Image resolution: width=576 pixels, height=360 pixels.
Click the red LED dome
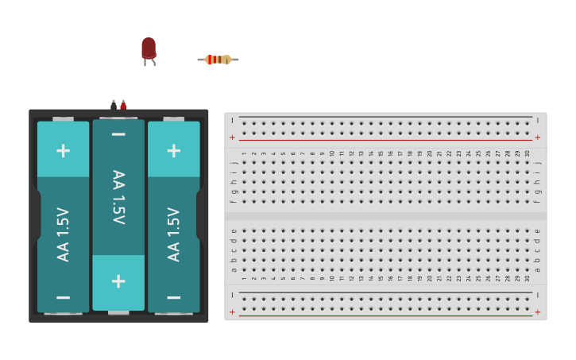(149, 48)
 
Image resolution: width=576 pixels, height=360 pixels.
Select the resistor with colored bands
(218, 60)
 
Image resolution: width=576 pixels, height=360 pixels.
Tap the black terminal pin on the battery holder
(114, 104)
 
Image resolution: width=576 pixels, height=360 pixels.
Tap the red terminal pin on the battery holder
(123, 104)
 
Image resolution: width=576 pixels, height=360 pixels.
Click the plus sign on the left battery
(63, 150)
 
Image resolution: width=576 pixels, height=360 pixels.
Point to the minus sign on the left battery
(63, 297)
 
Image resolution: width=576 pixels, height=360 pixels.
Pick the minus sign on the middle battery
(118, 134)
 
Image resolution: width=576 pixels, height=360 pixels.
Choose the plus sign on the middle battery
(118, 281)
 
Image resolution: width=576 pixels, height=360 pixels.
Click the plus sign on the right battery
(173, 150)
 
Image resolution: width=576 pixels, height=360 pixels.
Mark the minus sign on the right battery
(173, 297)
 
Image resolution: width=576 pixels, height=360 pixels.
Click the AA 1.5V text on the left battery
(63, 234)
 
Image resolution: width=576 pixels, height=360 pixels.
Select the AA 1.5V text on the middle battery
(118, 197)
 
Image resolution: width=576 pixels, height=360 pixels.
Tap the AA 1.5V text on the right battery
(173, 234)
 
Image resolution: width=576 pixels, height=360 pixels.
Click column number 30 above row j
(527, 153)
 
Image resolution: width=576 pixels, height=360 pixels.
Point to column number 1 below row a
(244, 278)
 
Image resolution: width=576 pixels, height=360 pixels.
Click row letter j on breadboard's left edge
(234, 163)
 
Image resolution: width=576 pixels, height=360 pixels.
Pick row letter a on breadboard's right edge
(538, 269)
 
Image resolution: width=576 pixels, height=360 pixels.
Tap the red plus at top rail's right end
(538, 137)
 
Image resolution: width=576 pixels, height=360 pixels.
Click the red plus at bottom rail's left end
(232, 312)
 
